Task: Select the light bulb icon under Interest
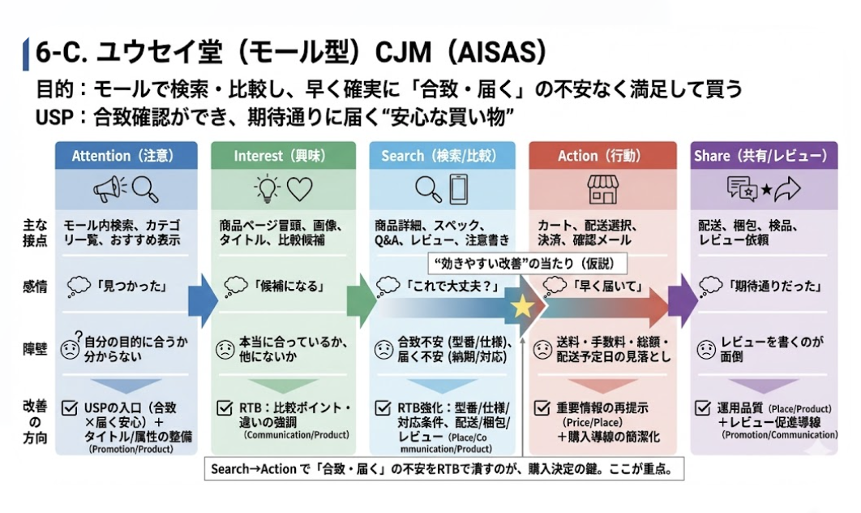(267, 189)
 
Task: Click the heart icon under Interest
(299, 189)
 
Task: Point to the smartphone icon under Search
(457, 189)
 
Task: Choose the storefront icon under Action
(602, 189)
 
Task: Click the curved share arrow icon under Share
(786, 189)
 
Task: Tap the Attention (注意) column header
(122, 155)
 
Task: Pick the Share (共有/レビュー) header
(760, 155)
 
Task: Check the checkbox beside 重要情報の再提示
(542, 407)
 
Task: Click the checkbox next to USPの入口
(71, 407)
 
